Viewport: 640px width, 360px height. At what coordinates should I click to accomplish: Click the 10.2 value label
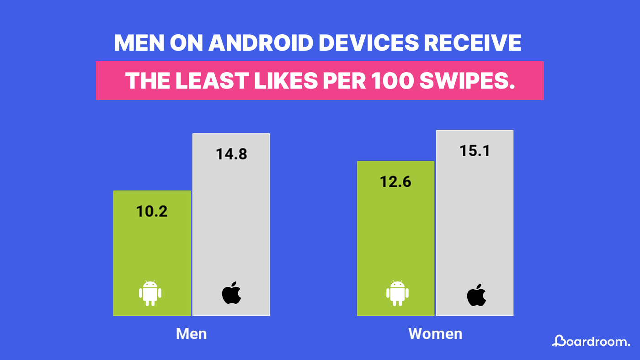pos(152,212)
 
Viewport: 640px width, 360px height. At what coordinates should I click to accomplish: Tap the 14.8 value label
pos(231,154)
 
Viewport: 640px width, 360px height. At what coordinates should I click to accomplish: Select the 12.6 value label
pos(395,182)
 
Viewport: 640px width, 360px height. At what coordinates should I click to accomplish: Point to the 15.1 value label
pos(475,151)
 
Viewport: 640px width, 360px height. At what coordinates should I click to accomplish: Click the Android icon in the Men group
pos(150,293)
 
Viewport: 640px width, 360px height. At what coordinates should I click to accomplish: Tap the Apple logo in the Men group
pos(231,293)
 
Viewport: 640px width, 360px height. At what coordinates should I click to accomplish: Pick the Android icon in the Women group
pos(397,293)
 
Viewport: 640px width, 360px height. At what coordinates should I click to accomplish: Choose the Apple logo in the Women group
pos(476,295)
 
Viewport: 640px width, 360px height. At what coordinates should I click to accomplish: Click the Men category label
pos(191,334)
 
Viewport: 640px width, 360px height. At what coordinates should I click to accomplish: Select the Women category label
pos(435,334)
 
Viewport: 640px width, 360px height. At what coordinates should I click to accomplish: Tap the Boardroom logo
pos(591,341)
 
